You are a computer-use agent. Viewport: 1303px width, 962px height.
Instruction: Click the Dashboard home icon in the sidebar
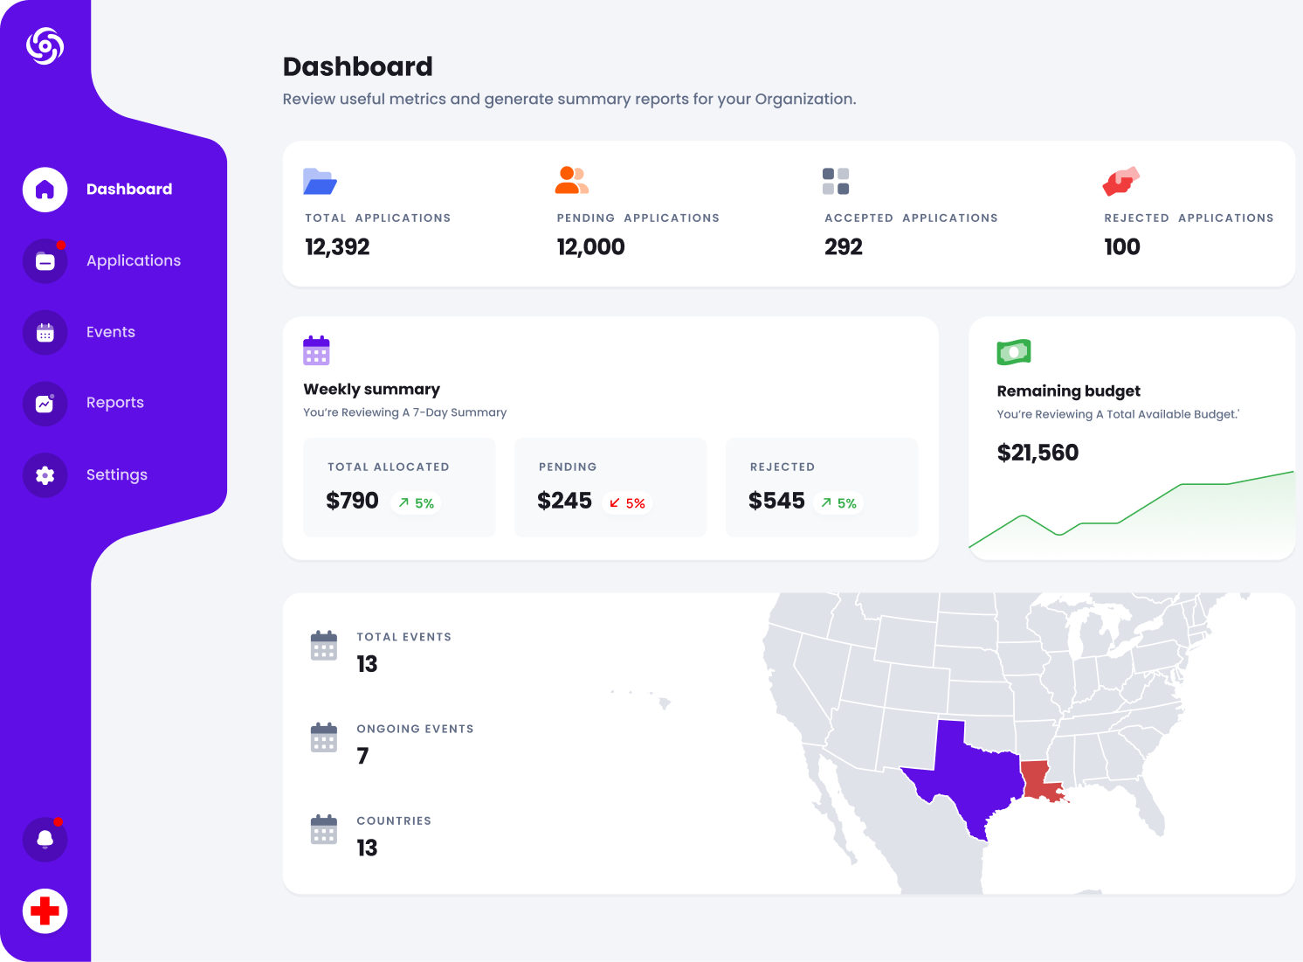coord(45,190)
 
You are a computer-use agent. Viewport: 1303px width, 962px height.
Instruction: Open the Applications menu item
coord(133,260)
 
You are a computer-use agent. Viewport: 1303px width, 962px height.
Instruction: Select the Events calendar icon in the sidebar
coord(45,332)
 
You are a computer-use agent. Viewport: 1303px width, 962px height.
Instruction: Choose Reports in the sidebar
coord(114,403)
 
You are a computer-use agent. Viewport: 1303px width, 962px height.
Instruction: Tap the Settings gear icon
coord(45,475)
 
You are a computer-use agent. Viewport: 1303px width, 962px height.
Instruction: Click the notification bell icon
coord(45,840)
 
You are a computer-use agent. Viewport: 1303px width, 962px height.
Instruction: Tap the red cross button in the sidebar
coord(45,911)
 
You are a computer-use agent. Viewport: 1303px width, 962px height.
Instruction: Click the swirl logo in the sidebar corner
coord(45,45)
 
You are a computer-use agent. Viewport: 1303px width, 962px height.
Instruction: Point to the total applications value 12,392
coord(337,247)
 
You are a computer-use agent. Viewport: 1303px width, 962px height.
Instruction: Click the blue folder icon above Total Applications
coord(320,181)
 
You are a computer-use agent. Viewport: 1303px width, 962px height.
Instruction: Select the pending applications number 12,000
coord(590,247)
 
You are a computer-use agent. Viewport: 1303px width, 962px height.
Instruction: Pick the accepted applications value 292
coord(843,247)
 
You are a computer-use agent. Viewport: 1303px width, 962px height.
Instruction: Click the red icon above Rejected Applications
coord(1121,181)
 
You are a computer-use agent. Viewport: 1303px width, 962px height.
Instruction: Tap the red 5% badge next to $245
coord(627,503)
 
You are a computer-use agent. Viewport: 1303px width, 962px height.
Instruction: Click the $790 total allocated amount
coord(352,501)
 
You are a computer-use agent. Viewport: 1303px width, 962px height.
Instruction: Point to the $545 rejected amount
coord(776,501)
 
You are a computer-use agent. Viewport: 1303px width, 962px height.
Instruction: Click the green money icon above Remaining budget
coord(1014,352)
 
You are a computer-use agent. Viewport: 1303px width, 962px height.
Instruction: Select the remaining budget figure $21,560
coord(1038,453)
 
